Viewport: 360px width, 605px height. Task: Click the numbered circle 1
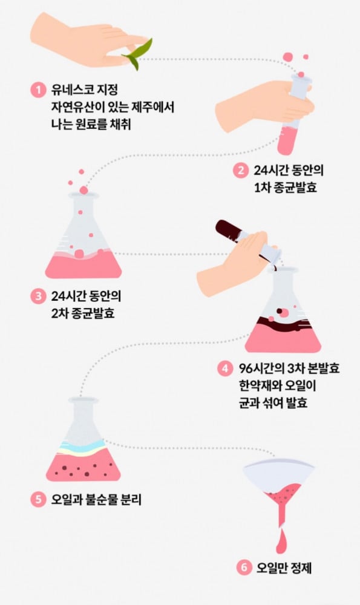38,90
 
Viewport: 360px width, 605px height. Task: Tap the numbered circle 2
240,171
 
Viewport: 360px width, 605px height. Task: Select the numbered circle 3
38,296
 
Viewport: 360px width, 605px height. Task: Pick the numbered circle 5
38,499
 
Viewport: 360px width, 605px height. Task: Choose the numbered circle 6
243,567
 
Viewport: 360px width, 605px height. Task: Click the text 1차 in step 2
263,188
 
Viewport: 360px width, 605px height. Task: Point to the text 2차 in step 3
60,313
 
